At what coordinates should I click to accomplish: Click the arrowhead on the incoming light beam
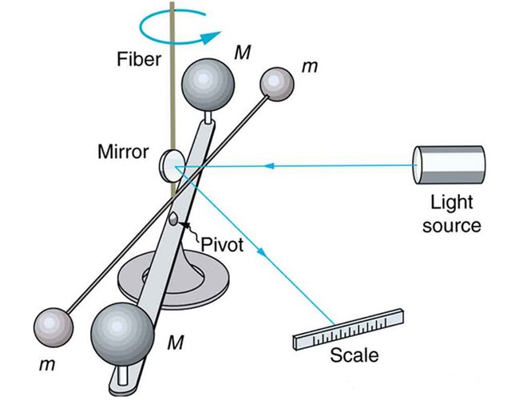tap(271, 166)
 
